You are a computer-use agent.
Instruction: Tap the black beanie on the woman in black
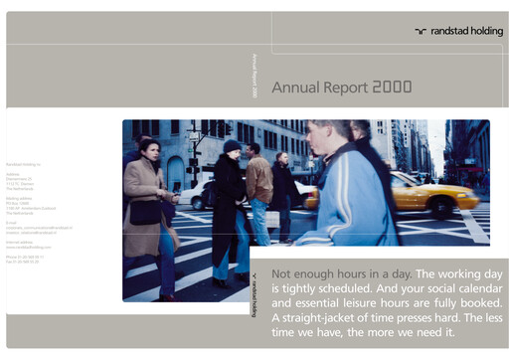pos(232,146)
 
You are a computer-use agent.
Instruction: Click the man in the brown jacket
pos(258,184)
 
